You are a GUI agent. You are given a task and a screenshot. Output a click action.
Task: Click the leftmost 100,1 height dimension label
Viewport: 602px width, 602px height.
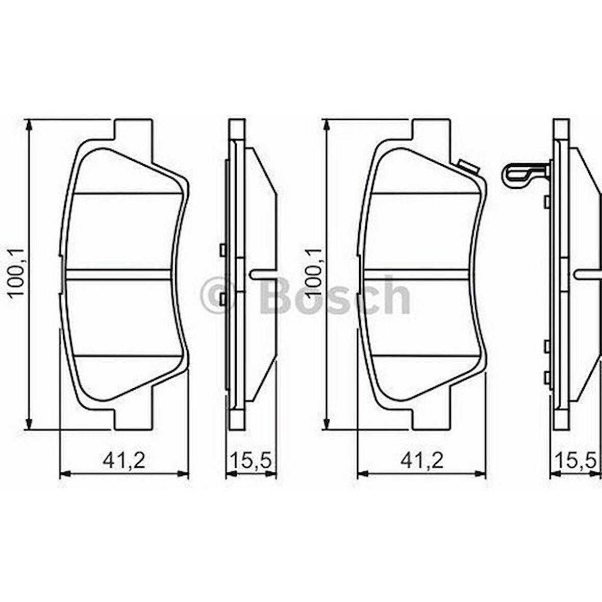(x=17, y=272)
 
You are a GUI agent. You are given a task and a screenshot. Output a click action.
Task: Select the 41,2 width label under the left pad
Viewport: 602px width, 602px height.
(x=124, y=460)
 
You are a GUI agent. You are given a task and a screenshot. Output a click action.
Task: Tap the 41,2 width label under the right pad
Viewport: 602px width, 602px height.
(x=422, y=460)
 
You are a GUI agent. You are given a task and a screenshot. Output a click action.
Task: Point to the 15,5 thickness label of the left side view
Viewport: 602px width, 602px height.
(x=250, y=460)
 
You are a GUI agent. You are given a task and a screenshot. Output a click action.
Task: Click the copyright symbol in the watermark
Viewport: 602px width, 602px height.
(x=218, y=294)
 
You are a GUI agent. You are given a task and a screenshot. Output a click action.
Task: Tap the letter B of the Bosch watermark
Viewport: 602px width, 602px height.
(x=275, y=295)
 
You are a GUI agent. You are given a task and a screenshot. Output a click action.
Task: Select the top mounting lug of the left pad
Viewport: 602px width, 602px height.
(x=133, y=131)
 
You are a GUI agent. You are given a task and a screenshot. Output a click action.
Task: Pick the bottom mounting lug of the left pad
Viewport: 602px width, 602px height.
(x=133, y=417)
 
